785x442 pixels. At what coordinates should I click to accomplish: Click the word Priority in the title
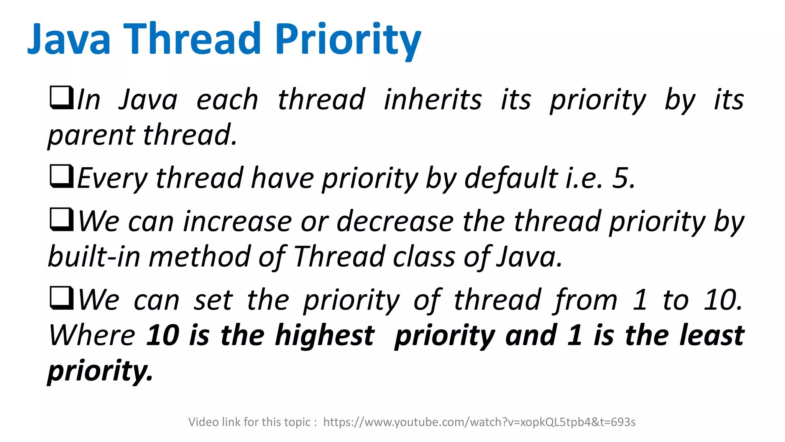click(x=348, y=40)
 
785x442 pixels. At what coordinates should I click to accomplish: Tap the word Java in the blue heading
click(x=69, y=40)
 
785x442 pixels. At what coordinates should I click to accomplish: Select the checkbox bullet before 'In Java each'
click(x=61, y=98)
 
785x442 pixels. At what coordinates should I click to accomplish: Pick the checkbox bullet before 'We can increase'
click(x=61, y=219)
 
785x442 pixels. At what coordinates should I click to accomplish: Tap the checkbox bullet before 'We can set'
click(x=61, y=298)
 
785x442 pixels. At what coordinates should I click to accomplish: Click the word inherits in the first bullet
click(x=432, y=100)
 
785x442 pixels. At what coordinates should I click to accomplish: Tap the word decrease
click(x=395, y=222)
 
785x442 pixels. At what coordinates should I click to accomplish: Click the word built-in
click(x=94, y=256)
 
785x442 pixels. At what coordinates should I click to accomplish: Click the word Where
click(x=92, y=335)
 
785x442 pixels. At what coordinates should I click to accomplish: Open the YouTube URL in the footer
click(x=479, y=422)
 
